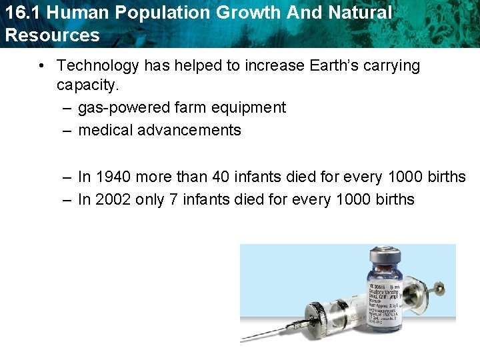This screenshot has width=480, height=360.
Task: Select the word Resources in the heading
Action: click(53, 35)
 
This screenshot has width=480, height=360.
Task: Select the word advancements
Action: click(189, 130)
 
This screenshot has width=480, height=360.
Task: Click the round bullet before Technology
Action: click(41, 65)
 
